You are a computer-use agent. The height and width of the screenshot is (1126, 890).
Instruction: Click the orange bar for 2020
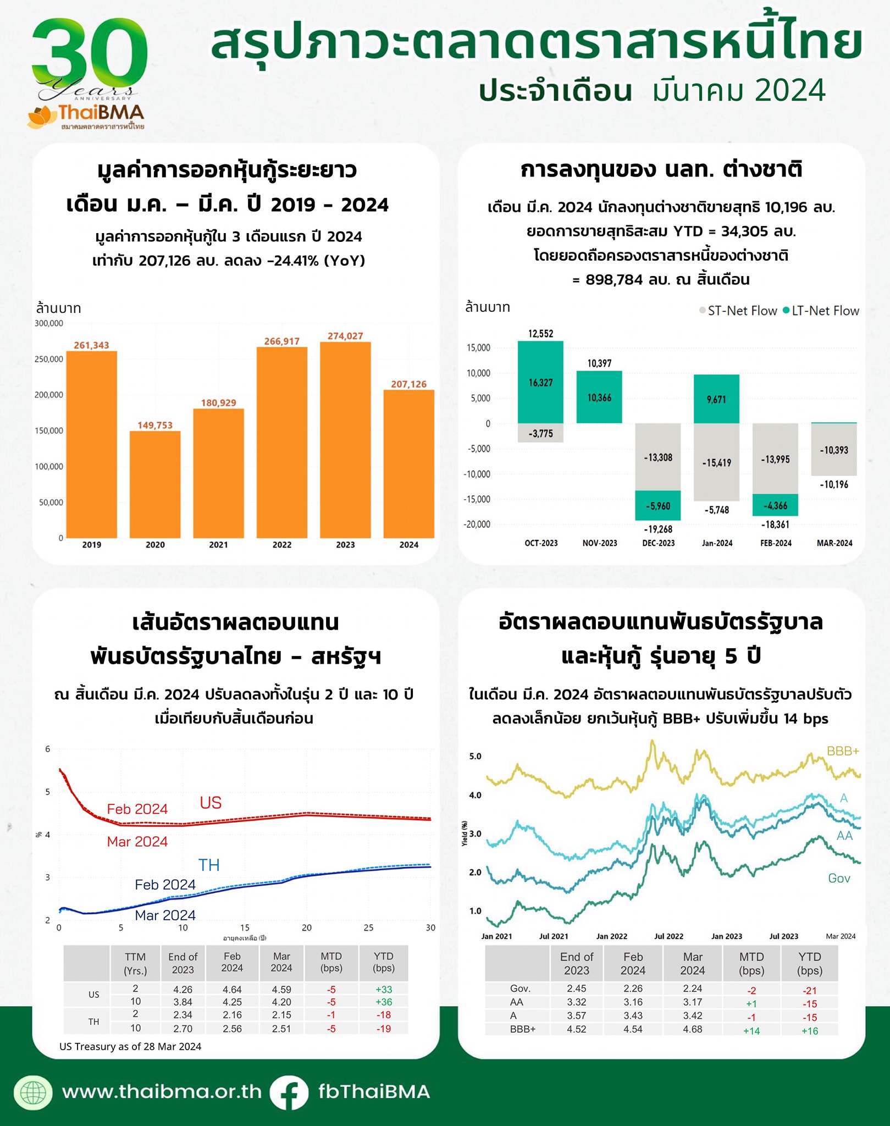[155, 484]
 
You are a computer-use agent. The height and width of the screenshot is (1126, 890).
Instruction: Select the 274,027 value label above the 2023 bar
[345, 336]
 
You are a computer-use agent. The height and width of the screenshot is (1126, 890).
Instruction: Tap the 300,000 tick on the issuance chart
[49, 323]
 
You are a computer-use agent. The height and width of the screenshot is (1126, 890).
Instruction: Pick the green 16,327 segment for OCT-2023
[540, 382]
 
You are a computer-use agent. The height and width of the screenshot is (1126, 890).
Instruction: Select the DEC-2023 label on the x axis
[658, 543]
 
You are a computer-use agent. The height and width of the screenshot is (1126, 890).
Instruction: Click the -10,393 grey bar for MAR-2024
[833, 450]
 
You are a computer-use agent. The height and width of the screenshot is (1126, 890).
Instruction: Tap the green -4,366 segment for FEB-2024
[775, 505]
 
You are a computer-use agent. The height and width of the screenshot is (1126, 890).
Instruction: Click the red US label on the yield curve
[211, 803]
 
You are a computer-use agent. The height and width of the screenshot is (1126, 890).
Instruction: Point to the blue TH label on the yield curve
[209, 865]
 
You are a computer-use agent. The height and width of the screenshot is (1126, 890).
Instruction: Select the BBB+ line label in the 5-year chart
[842, 751]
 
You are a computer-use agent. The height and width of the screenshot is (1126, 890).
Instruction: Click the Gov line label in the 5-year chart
[839, 879]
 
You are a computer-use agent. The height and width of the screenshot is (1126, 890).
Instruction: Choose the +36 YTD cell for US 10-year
[383, 1002]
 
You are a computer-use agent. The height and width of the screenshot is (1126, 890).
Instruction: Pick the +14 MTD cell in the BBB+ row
[751, 1031]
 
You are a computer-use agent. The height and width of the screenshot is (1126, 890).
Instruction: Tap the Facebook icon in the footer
[289, 1092]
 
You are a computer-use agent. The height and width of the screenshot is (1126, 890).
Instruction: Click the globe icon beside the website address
[33, 1092]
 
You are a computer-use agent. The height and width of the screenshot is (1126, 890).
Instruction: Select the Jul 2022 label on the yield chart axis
[668, 936]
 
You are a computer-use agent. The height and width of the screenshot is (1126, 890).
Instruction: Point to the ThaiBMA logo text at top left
[101, 113]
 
